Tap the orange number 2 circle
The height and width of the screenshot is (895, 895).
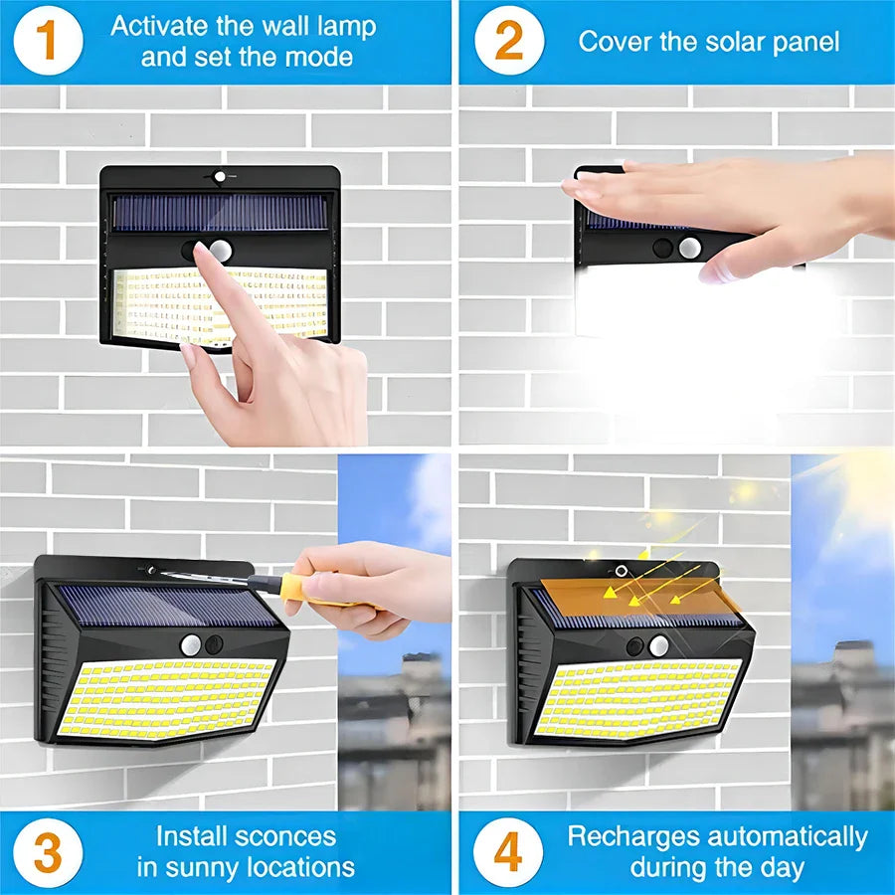[507, 41]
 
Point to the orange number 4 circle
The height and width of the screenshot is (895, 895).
[507, 852]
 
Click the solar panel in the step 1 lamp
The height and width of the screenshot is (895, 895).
[220, 212]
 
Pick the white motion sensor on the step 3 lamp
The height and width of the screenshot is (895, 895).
[191, 644]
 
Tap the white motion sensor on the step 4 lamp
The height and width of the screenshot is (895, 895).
[658, 646]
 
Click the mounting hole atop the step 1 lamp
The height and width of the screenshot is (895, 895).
[220, 177]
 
